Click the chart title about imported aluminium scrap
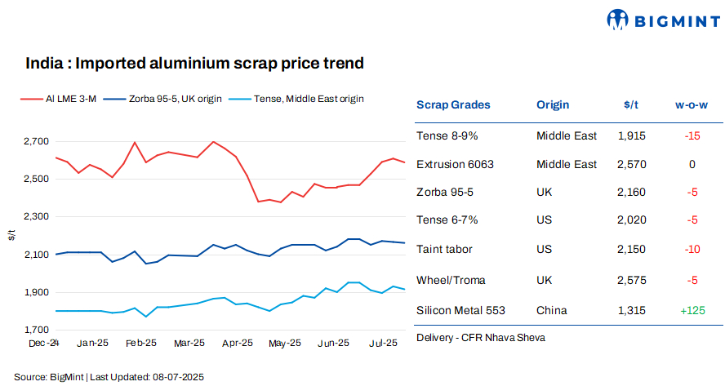coord(194,63)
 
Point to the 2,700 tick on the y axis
coord(35,141)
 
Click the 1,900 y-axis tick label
coord(35,292)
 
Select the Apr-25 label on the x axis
coord(237,344)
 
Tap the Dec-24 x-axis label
coord(45,344)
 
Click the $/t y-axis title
coord(11,235)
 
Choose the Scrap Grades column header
coord(453,105)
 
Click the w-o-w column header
coord(692,105)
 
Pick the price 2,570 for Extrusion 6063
coord(632,164)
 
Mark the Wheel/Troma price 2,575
coord(632,281)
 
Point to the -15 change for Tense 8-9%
coord(692,135)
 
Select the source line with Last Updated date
coord(109,377)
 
